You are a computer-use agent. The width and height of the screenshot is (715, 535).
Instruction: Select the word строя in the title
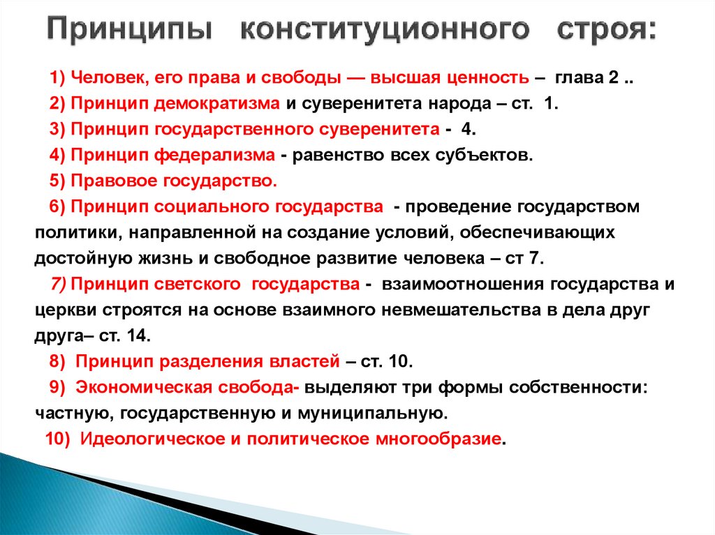click(605, 33)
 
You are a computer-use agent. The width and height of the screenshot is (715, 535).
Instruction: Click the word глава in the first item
click(575, 77)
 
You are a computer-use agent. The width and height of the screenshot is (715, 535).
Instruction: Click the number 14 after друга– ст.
click(138, 335)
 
